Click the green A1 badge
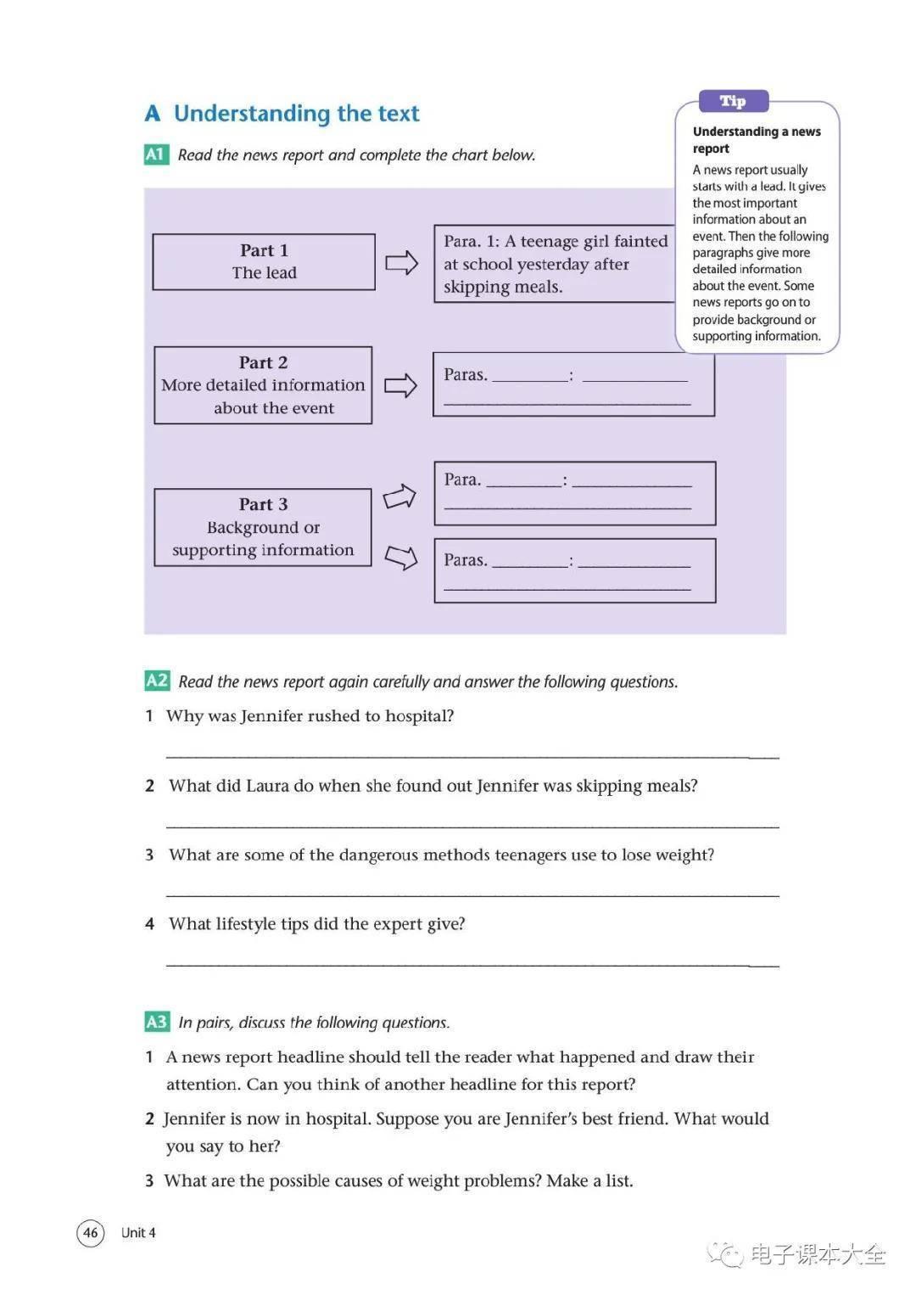click(156, 154)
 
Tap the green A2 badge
click(157, 681)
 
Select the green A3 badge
click(157, 1022)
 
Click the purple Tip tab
click(733, 102)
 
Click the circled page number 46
click(91, 1232)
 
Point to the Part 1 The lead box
click(264, 261)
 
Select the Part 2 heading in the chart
click(263, 362)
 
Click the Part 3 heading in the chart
click(263, 504)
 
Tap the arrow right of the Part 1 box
click(402, 262)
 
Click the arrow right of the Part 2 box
click(401, 385)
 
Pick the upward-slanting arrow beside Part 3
click(399, 496)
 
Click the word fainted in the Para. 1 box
click(641, 241)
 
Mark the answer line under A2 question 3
click(472, 894)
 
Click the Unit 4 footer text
click(138, 1232)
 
